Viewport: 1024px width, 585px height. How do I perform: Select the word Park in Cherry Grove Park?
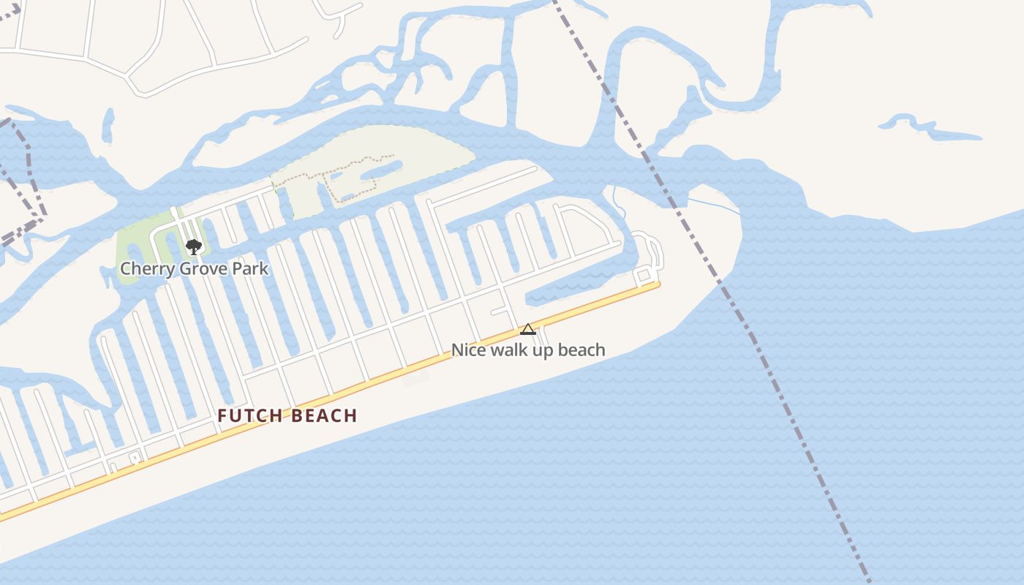coord(251,268)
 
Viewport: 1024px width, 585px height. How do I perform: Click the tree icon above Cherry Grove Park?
coord(193,246)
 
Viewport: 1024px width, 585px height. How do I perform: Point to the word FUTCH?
coord(249,416)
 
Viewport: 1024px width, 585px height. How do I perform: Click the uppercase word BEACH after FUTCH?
coord(324,416)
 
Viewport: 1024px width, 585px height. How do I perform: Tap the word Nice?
coord(468,350)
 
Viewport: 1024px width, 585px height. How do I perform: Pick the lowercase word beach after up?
coord(583,350)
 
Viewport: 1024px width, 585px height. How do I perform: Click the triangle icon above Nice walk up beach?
coord(527,329)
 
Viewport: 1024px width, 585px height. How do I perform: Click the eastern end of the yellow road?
coord(657,284)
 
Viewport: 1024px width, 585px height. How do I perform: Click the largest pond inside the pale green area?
coord(380,170)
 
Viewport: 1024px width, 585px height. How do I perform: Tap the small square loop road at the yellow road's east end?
coord(643,275)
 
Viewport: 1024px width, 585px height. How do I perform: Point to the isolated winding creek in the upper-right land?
coord(929,128)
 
